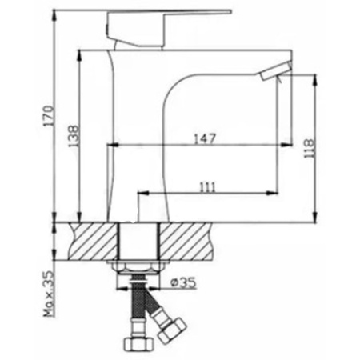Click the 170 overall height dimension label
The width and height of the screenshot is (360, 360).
click(x=50, y=115)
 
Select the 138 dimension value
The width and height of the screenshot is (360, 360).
click(x=74, y=136)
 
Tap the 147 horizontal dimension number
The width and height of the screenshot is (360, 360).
click(x=204, y=139)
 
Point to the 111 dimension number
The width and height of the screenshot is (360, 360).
click(x=207, y=187)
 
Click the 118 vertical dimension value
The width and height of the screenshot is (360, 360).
click(x=309, y=148)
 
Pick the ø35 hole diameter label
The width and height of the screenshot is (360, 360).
click(x=183, y=282)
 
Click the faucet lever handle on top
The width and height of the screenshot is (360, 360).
click(x=169, y=28)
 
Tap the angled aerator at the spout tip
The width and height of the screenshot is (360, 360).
click(x=276, y=70)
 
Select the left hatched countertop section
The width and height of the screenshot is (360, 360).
click(x=94, y=242)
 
